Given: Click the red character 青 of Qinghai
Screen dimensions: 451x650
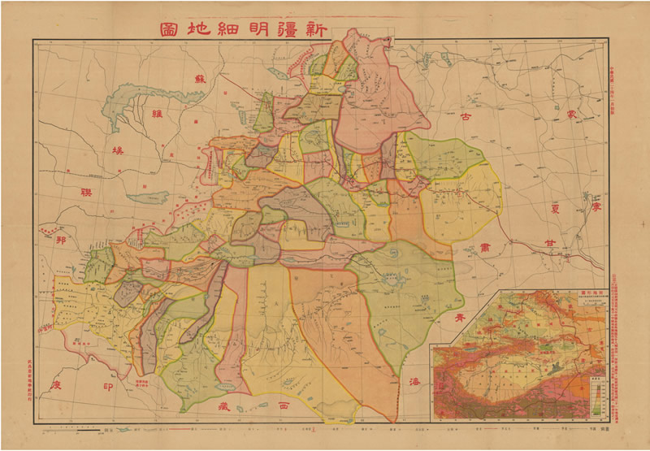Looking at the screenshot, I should click(461, 316).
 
